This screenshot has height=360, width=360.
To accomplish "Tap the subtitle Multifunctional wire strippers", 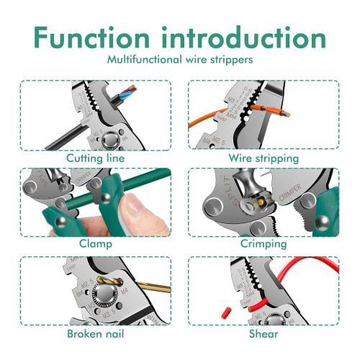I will (x=180, y=60).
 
